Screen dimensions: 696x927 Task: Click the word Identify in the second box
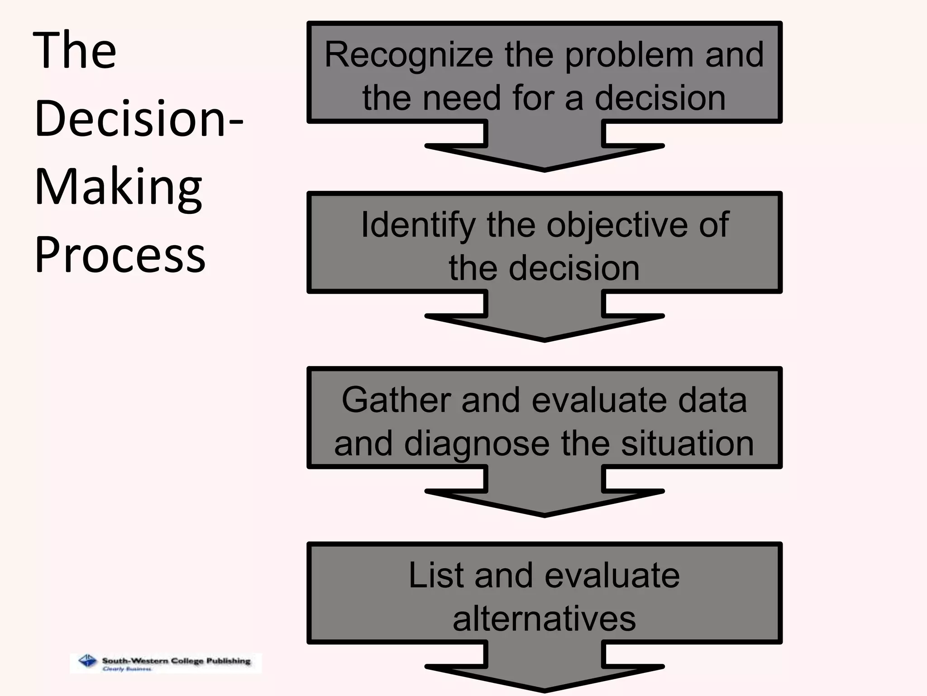417,226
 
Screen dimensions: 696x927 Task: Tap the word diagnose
477,444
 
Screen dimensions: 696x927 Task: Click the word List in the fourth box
436,575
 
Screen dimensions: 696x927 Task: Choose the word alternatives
544,619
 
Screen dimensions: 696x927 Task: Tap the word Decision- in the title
139,119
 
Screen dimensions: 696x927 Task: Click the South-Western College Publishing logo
166,663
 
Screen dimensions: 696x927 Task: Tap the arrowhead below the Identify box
544,324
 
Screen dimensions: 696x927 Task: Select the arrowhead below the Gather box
544,499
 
